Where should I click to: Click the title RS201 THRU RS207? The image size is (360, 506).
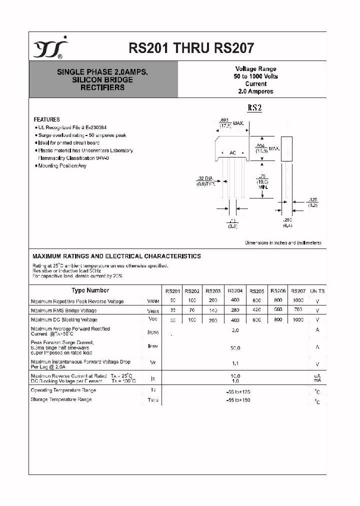(x=191, y=48)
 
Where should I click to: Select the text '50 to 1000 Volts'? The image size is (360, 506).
(x=255, y=76)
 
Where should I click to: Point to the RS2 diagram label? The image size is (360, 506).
(x=254, y=108)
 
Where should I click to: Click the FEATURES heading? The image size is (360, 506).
(x=46, y=119)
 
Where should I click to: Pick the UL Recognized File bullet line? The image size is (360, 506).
(x=70, y=127)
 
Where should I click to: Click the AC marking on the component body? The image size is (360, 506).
(x=232, y=152)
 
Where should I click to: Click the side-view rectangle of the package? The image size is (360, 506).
(x=286, y=148)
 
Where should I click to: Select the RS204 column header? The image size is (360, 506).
(x=235, y=290)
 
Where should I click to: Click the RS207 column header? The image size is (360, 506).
(x=298, y=291)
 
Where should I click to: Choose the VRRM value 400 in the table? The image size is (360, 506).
(x=235, y=300)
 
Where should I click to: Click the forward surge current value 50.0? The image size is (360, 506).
(x=235, y=348)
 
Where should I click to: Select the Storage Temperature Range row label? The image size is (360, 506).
(x=61, y=399)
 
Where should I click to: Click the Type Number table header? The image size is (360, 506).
(x=90, y=290)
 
